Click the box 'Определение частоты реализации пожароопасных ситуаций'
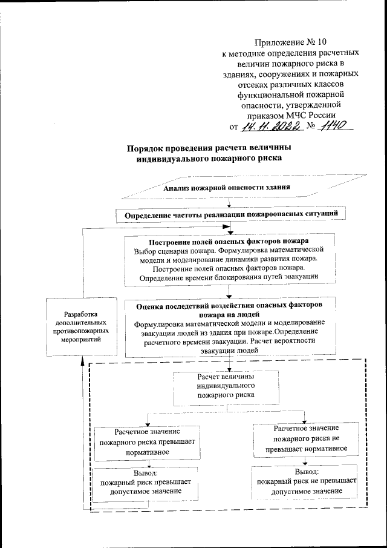click(x=235, y=215)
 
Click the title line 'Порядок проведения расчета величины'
click(x=209, y=148)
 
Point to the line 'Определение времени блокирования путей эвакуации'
click(x=229, y=277)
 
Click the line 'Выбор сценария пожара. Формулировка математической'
click(x=229, y=250)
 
